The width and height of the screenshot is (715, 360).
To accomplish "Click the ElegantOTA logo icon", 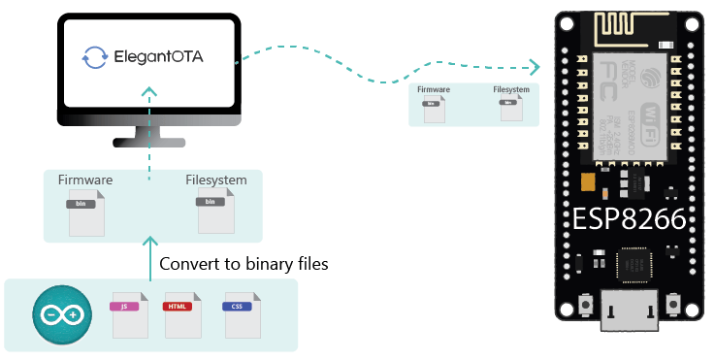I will click(x=94, y=56).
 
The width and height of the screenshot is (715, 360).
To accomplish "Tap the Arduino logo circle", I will click(x=61, y=313).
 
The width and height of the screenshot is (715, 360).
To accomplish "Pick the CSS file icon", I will click(x=238, y=312).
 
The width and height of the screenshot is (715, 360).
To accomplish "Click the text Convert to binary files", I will click(x=244, y=263).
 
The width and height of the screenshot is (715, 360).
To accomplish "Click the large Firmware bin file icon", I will click(x=86, y=211).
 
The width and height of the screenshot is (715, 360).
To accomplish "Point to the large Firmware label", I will click(x=85, y=180).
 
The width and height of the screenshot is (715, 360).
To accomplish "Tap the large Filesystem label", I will click(x=216, y=180).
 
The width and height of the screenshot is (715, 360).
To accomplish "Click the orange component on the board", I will click(x=586, y=183).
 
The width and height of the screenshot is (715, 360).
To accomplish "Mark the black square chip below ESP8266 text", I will click(x=640, y=263).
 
